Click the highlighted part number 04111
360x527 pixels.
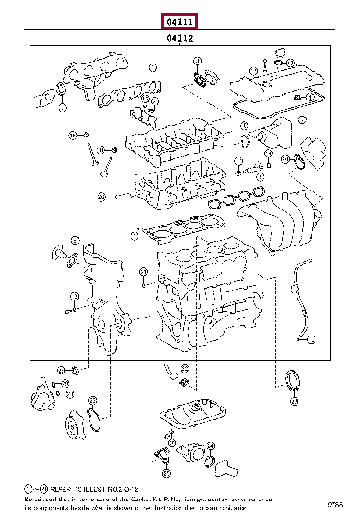[x=179, y=21]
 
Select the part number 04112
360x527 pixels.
[x=180, y=39]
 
